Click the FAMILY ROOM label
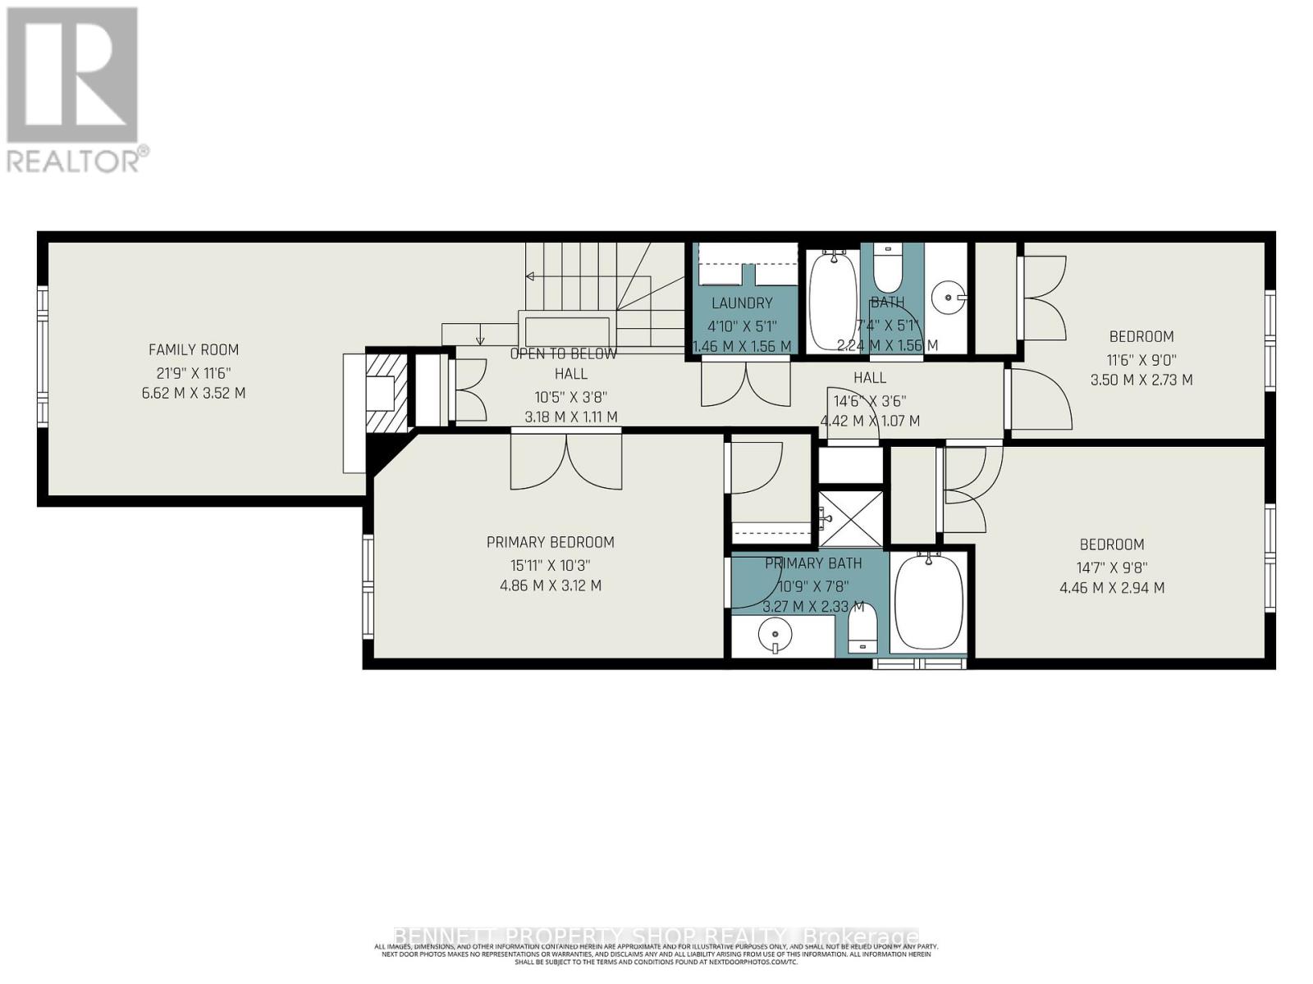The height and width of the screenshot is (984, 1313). click(x=194, y=349)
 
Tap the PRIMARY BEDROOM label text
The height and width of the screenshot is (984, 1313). click(x=550, y=542)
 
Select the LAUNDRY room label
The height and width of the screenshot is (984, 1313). click(x=742, y=303)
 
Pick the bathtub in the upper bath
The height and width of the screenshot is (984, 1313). click(x=834, y=300)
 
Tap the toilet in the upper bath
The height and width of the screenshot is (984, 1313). click(x=887, y=266)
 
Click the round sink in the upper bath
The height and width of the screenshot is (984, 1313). click(x=949, y=297)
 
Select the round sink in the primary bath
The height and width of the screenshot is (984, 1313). click(x=775, y=634)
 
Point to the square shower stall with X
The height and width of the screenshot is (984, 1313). click(x=851, y=519)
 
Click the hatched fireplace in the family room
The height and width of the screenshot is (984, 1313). click(x=386, y=391)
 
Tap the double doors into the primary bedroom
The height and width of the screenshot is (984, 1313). click(x=566, y=462)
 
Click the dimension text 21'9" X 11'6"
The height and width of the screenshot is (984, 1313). click(x=194, y=371)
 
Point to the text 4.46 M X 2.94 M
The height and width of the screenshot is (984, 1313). click(x=1112, y=587)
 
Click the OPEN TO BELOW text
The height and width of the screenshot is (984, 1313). click(x=563, y=354)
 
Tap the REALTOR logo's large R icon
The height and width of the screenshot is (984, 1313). click(x=72, y=75)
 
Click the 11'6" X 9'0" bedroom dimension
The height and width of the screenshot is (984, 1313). click(x=1141, y=358)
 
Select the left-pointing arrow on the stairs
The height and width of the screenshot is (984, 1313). click(x=531, y=276)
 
